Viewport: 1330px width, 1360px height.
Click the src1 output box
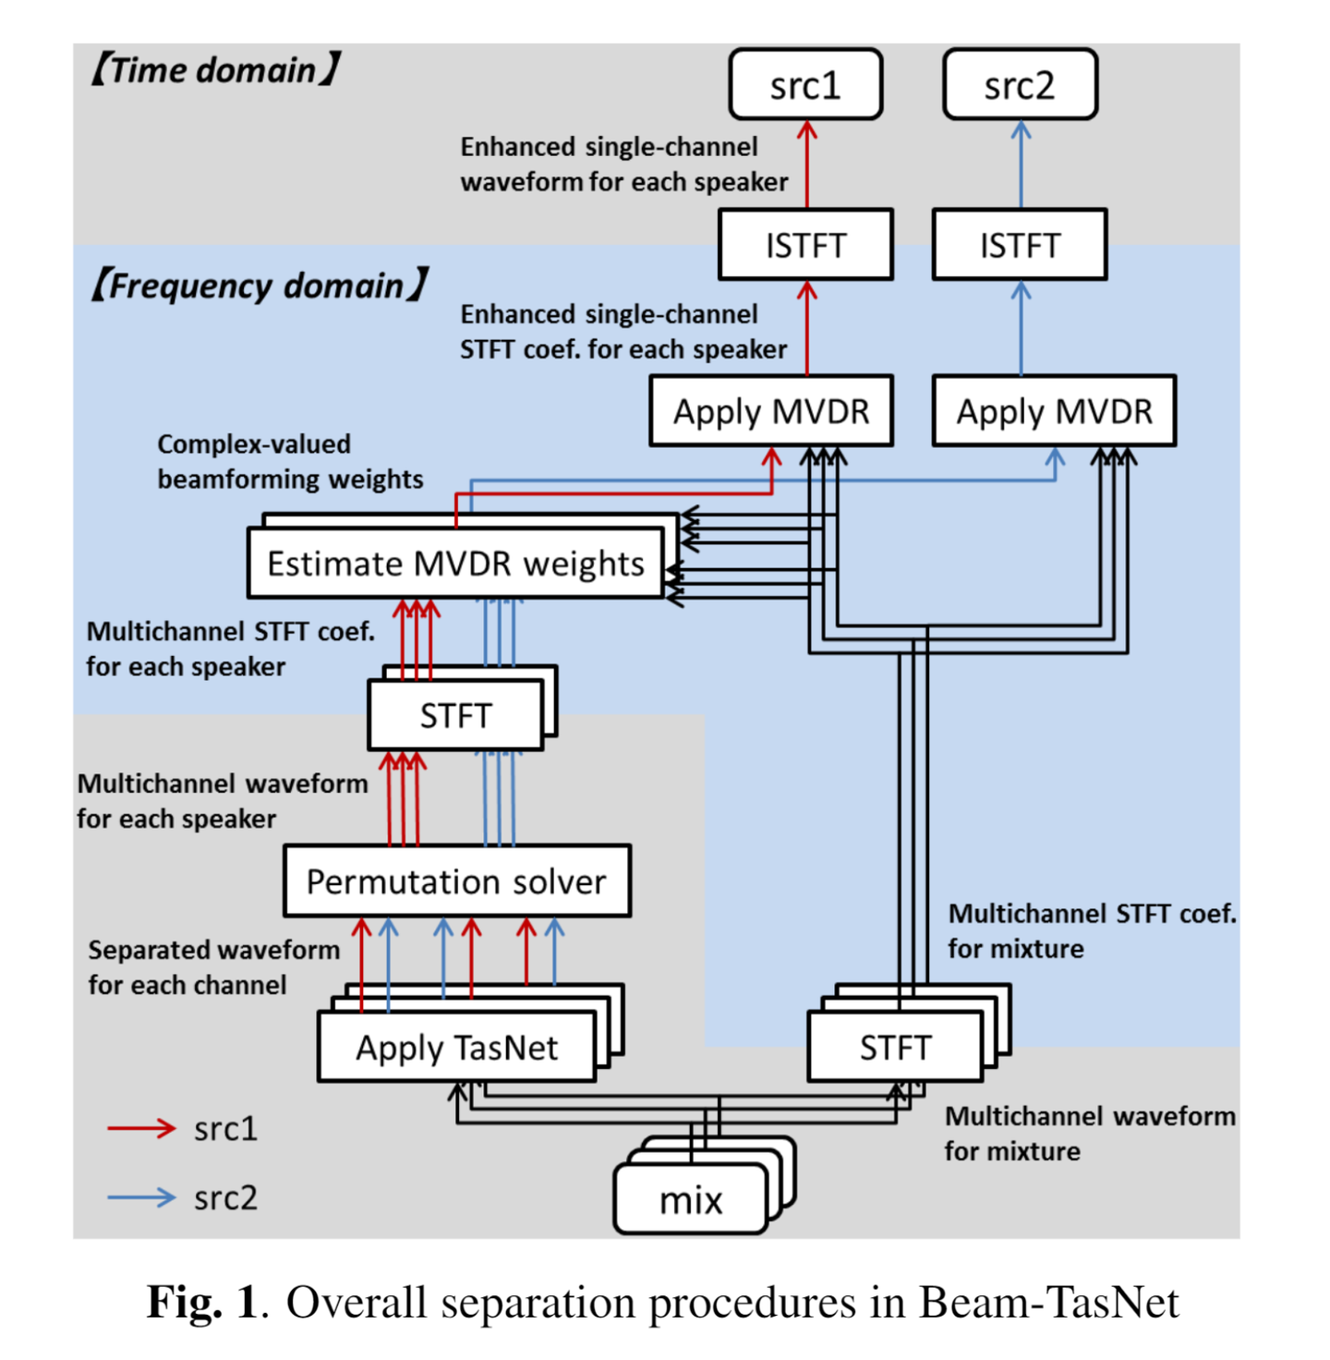[x=805, y=85]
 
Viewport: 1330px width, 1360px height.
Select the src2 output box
[x=1020, y=85]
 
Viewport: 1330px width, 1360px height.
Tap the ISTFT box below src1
[x=805, y=245]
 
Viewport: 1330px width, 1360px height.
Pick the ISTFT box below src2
[x=1020, y=245]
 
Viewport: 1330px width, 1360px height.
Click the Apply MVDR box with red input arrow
[x=771, y=411]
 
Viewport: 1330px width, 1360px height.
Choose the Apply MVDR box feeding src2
[x=1054, y=411]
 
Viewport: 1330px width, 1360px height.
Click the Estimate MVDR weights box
[x=455, y=563]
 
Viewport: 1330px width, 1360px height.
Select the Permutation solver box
[x=456, y=881]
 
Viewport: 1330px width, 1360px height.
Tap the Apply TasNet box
[x=456, y=1047]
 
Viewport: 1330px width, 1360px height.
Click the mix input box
[x=691, y=1199]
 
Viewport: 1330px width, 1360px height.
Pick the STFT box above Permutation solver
[x=455, y=715]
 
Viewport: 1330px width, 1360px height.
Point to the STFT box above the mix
[x=895, y=1047]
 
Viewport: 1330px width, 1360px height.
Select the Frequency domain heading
[x=259, y=285]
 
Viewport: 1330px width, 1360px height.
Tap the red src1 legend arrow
[x=141, y=1128]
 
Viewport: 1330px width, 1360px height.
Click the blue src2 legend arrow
[x=141, y=1197]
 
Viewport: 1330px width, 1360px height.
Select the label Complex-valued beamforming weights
[x=290, y=461]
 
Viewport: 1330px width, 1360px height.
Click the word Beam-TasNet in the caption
[x=1048, y=1303]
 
